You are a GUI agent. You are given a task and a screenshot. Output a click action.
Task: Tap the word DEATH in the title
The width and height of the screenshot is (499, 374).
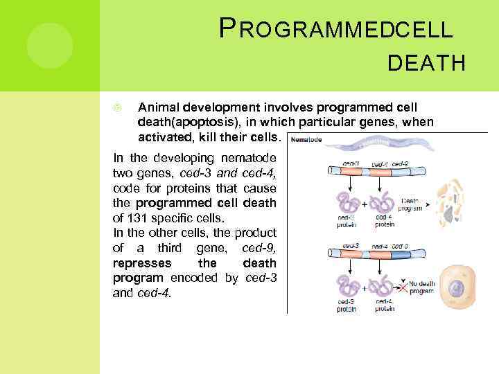tap(427, 64)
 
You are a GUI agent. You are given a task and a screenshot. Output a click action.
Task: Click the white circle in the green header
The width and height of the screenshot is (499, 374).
tap(50, 45)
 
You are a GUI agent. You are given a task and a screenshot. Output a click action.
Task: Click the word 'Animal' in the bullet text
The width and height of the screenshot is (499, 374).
tap(157, 107)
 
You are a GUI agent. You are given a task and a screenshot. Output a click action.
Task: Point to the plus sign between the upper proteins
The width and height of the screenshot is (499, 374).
tap(365, 206)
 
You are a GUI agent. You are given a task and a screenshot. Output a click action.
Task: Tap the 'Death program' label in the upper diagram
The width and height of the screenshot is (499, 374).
tap(412, 204)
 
